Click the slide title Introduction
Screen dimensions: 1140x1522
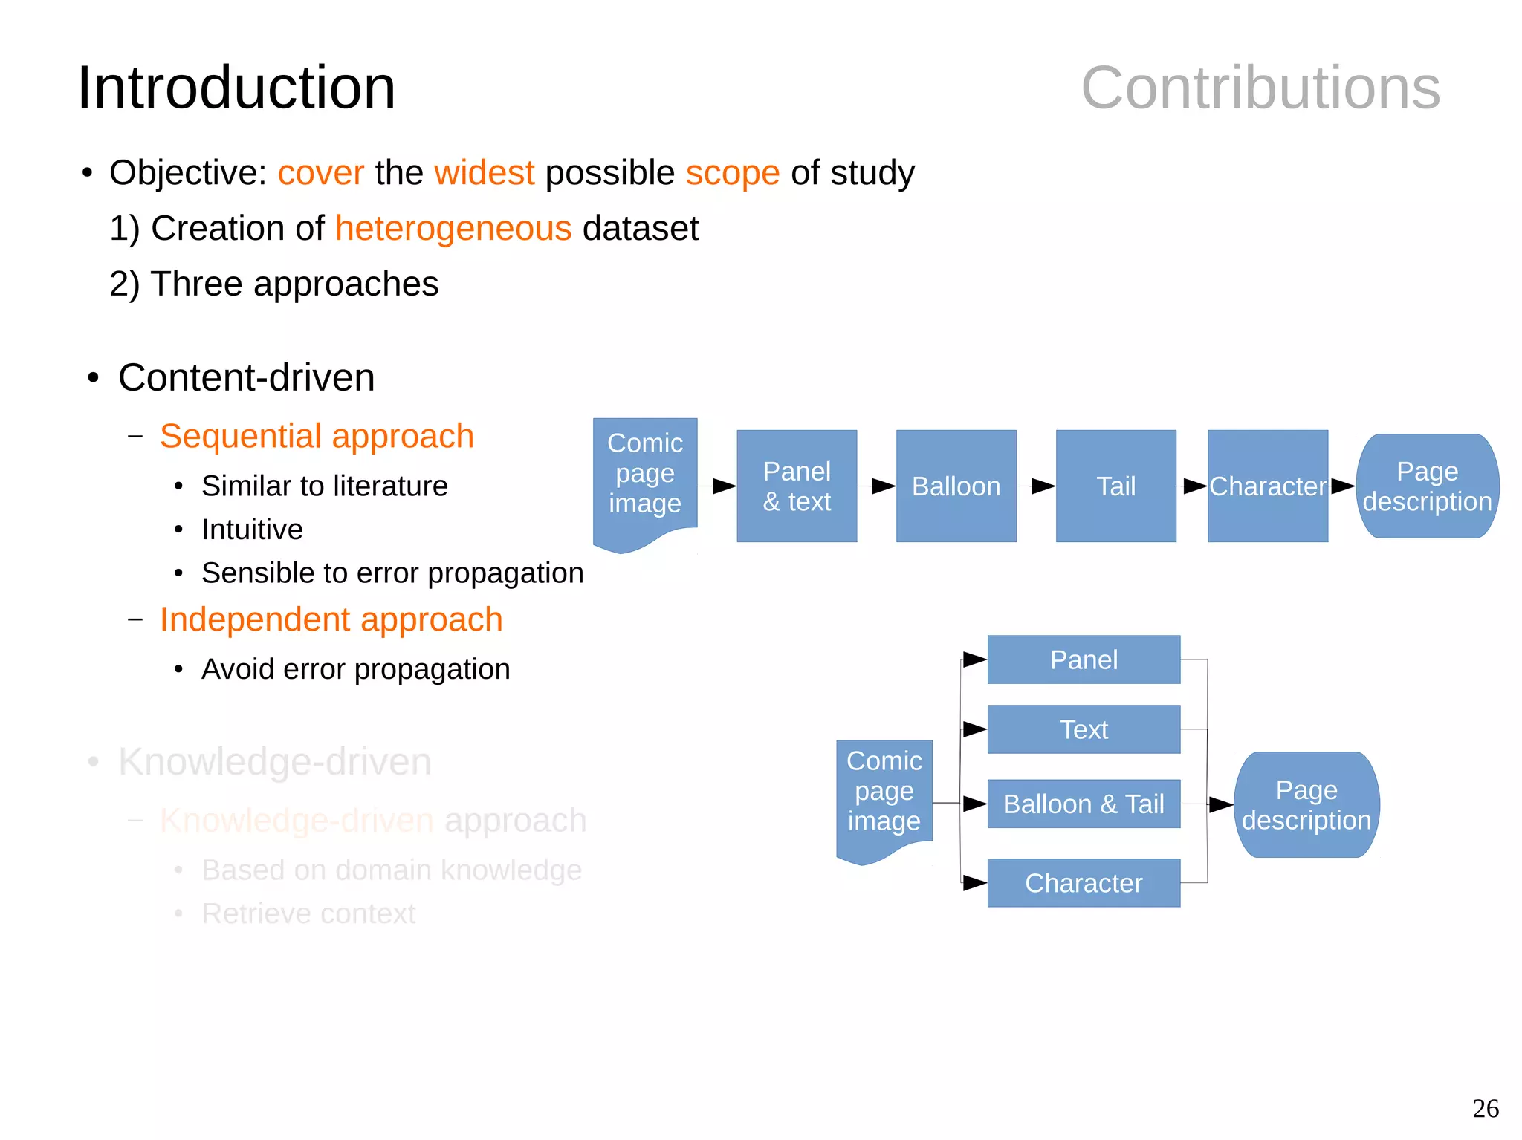236,88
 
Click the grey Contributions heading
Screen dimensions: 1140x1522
1260,88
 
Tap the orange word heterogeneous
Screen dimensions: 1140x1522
453,228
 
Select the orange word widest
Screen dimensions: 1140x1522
484,173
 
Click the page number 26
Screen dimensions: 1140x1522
1485,1108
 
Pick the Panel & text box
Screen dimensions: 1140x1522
797,486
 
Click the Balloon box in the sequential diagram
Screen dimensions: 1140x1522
956,486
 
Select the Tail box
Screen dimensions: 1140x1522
1115,486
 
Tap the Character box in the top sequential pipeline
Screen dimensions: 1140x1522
1267,486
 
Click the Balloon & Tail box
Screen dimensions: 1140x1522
1084,804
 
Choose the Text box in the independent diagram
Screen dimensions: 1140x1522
1084,729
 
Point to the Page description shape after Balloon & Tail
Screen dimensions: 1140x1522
1306,805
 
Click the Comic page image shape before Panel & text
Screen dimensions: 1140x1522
644,475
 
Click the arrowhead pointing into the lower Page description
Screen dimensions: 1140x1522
1221,804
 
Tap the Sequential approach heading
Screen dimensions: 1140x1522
317,436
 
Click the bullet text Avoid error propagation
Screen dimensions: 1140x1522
355,669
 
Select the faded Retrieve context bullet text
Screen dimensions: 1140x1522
308,913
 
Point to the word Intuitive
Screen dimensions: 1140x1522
252,530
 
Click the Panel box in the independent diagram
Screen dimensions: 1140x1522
1084,659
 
